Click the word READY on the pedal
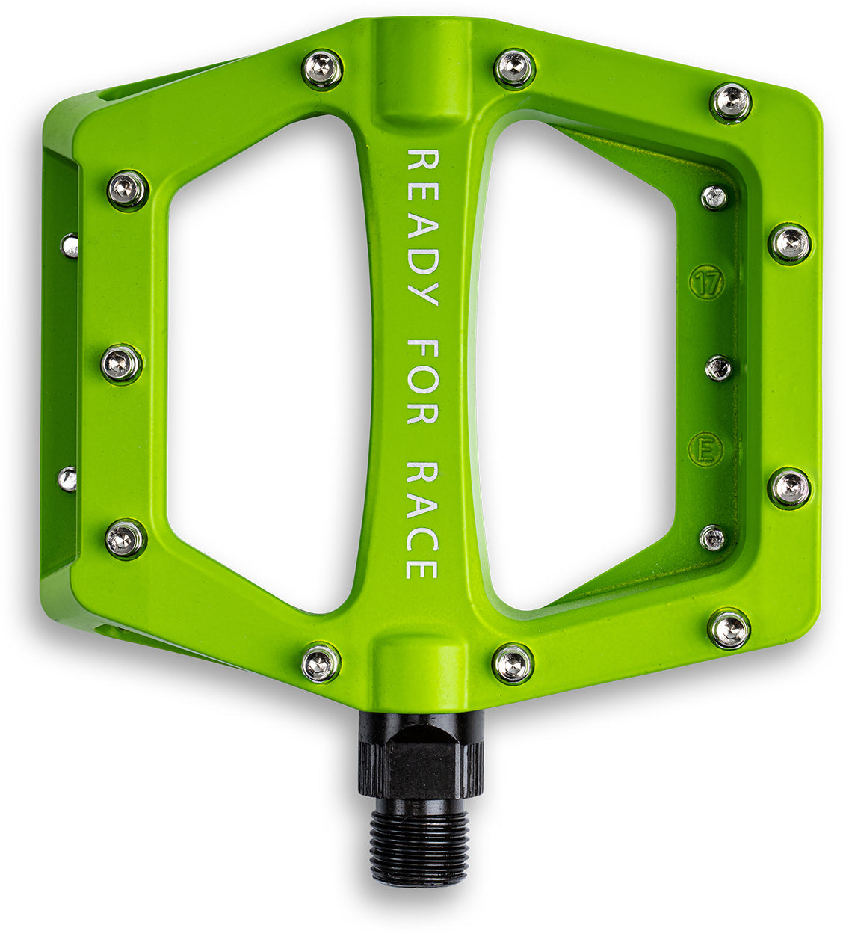(422, 227)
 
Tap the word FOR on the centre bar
(422, 381)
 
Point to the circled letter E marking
(705, 450)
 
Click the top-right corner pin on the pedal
(730, 102)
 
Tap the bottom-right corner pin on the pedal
(729, 629)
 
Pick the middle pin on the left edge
(121, 364)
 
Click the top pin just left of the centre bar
(322, 70)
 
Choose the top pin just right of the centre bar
(515, 68)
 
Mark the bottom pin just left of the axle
(321, 663)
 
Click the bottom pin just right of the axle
(513, 663)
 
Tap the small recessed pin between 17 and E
(718, 367)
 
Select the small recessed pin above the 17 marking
(714, 197)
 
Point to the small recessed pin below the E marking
(712, 537)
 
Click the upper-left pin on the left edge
(128, 189)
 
